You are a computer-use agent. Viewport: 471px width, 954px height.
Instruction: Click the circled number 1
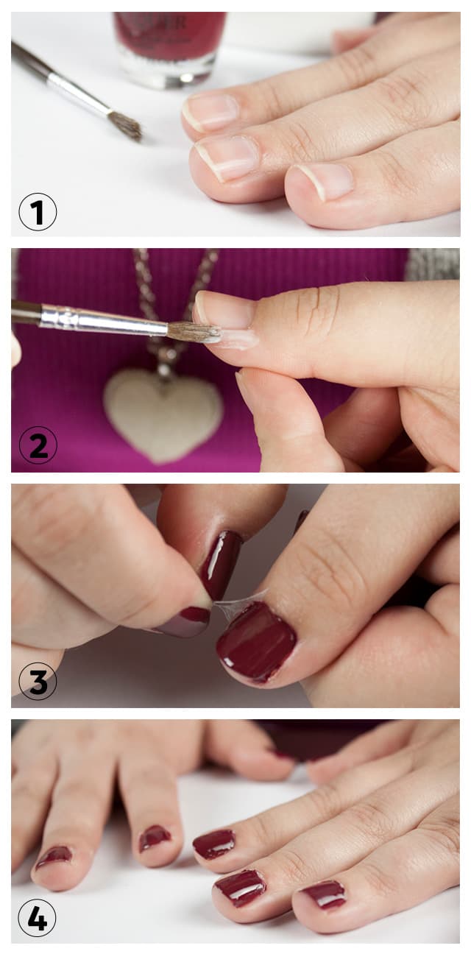click(38, 212)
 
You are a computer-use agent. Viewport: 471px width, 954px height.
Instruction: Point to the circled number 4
click(37, 916)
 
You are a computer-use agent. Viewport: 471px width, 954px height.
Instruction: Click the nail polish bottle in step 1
click(170, 49)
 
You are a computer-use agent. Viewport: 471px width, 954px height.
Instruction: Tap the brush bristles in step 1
click(125, 125)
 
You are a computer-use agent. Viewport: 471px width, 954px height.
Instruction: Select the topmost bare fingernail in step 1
click(210, 112)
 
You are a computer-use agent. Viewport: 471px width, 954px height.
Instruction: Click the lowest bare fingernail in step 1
click(326, 181)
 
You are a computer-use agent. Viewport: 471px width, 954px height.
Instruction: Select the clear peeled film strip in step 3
click(241, 600)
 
